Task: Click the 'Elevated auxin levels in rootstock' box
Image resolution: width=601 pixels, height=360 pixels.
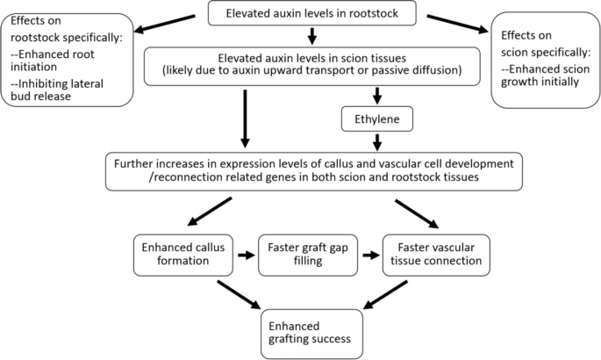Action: (311, 13)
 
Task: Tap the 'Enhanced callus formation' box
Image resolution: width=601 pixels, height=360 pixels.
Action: (183, 253)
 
